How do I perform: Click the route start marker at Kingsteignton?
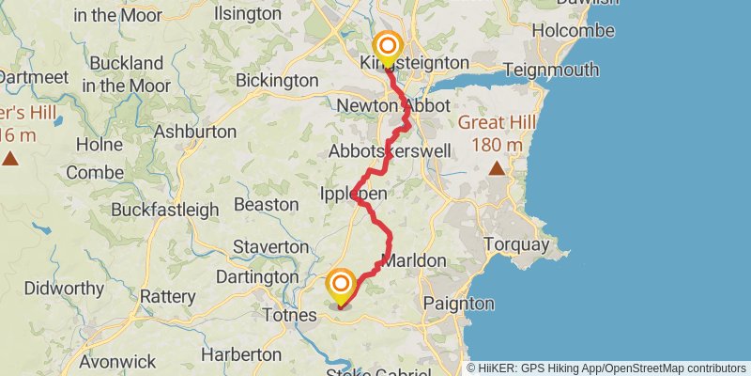(387, 47)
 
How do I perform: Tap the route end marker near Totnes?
(341, 285)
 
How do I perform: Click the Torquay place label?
(515, 244)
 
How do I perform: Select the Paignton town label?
(458, 304)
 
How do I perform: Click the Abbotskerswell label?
(391, 150)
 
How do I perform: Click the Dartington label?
(256, 277)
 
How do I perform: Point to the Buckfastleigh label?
(164, 210)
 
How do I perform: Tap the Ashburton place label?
(194, 131)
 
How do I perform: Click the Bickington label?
(277, 81)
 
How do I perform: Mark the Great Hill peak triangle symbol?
(497, 169)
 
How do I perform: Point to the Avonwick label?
(116, 361)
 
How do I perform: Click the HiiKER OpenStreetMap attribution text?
(606, 368)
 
